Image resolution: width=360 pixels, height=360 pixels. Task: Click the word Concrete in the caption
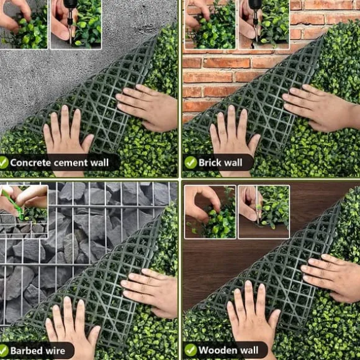coord(30,163)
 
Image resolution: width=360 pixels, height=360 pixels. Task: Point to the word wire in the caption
coord(55,351)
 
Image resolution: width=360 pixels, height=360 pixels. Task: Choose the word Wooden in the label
coord(216,350)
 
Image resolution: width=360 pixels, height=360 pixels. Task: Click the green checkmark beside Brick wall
coord(191,163)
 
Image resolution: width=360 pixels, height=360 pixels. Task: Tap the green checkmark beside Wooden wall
coord(191,350)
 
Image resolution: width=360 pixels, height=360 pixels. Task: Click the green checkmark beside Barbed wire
coord(3,351)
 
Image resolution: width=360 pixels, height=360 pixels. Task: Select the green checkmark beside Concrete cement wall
coord(3,163)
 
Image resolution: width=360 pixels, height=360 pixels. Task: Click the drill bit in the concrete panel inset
coord(70,27)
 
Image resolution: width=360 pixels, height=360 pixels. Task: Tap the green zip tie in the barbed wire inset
coord(14,205)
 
